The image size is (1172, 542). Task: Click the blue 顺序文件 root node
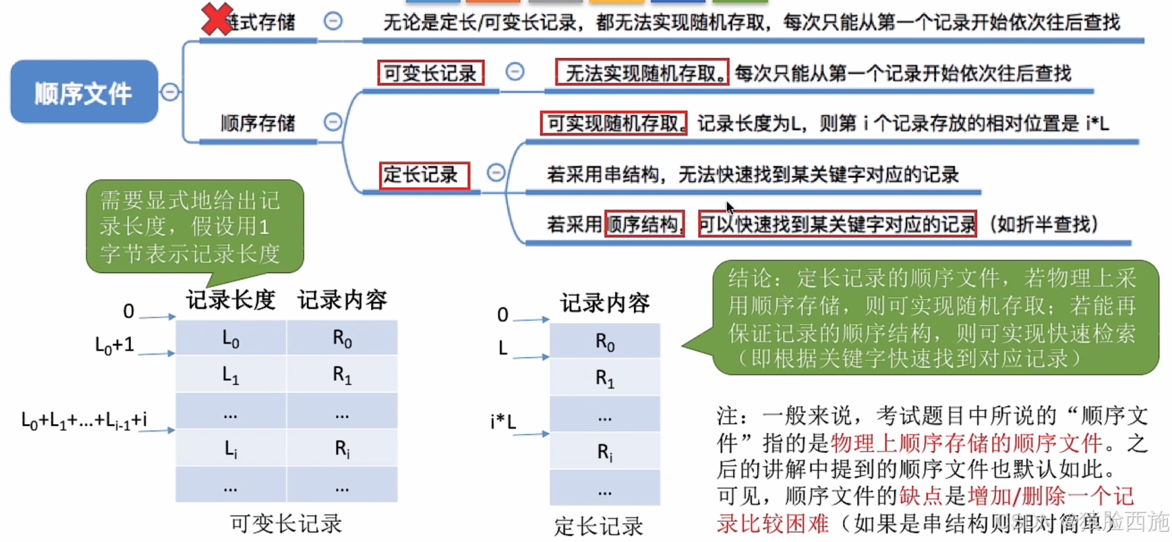[x=83, y=92]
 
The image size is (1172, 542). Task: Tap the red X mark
[x=216, y=19]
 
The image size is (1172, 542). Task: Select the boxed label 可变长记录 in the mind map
[x=430, y=73]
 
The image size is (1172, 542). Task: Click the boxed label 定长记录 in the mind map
[x=424, y=175]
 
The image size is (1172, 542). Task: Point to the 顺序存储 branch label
[x=257, y=123]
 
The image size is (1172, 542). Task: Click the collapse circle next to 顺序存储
[x=332, y=123]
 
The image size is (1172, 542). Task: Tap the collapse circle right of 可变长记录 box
[x=515, y=72]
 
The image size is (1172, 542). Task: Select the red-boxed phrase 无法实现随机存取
[x=642, y=72]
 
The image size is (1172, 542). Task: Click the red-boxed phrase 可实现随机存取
[x=613, y=123]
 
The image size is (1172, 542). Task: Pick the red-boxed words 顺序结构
[x=644, y=224]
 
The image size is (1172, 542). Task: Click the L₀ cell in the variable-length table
[x=230, y=339]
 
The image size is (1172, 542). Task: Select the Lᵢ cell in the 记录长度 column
[x=230, y=449]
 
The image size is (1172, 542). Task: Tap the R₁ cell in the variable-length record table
[x=342, y=374]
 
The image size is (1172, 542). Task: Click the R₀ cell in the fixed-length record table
[x=605, y=342]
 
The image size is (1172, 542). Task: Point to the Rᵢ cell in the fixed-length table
[x=605, y=452]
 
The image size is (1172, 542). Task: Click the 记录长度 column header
[x=230, y=300]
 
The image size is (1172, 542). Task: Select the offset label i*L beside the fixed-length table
[x=503, y=421]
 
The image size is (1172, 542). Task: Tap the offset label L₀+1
[x=115, y=345]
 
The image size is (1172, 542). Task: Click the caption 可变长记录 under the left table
[x=286, y=524]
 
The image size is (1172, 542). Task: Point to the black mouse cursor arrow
[x=729, y=207]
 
